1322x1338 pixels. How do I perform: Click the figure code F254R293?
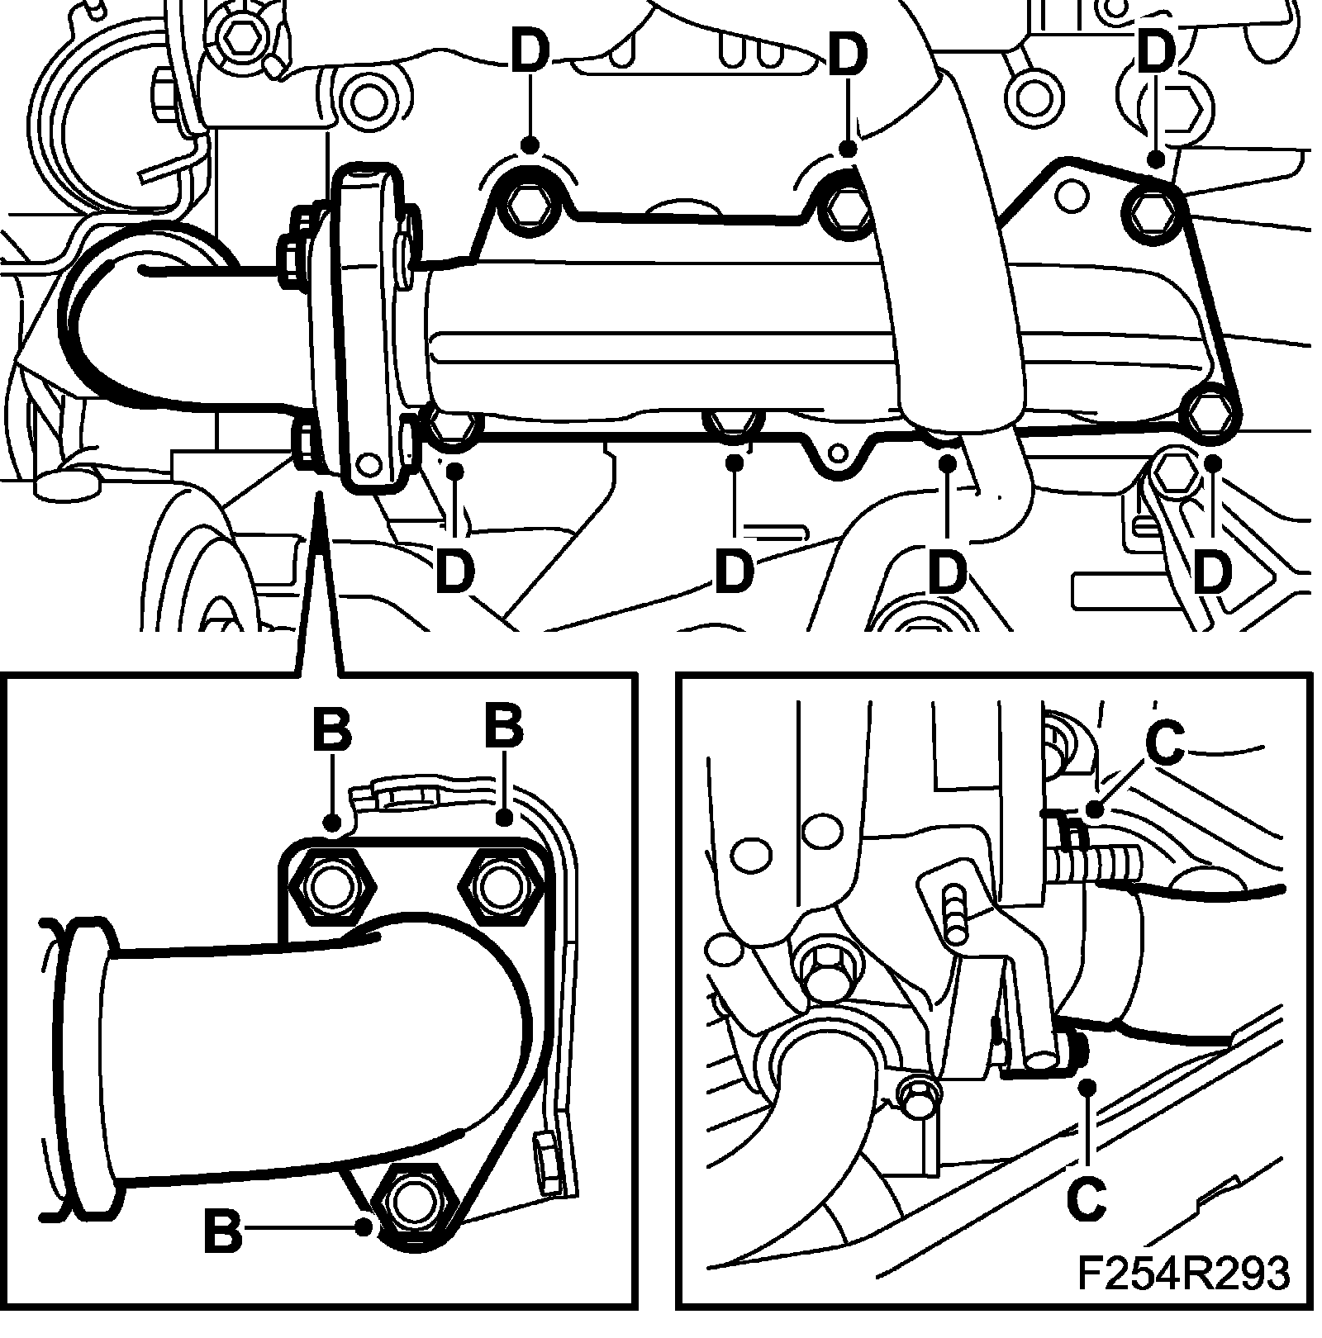click(1182, 1297)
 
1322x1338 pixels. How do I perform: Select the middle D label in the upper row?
click(848, 55)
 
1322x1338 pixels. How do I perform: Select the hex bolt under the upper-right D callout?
click(1152, 211)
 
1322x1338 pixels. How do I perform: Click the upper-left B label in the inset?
click(332, 729)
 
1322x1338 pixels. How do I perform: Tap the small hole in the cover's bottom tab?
click(839, 452)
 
